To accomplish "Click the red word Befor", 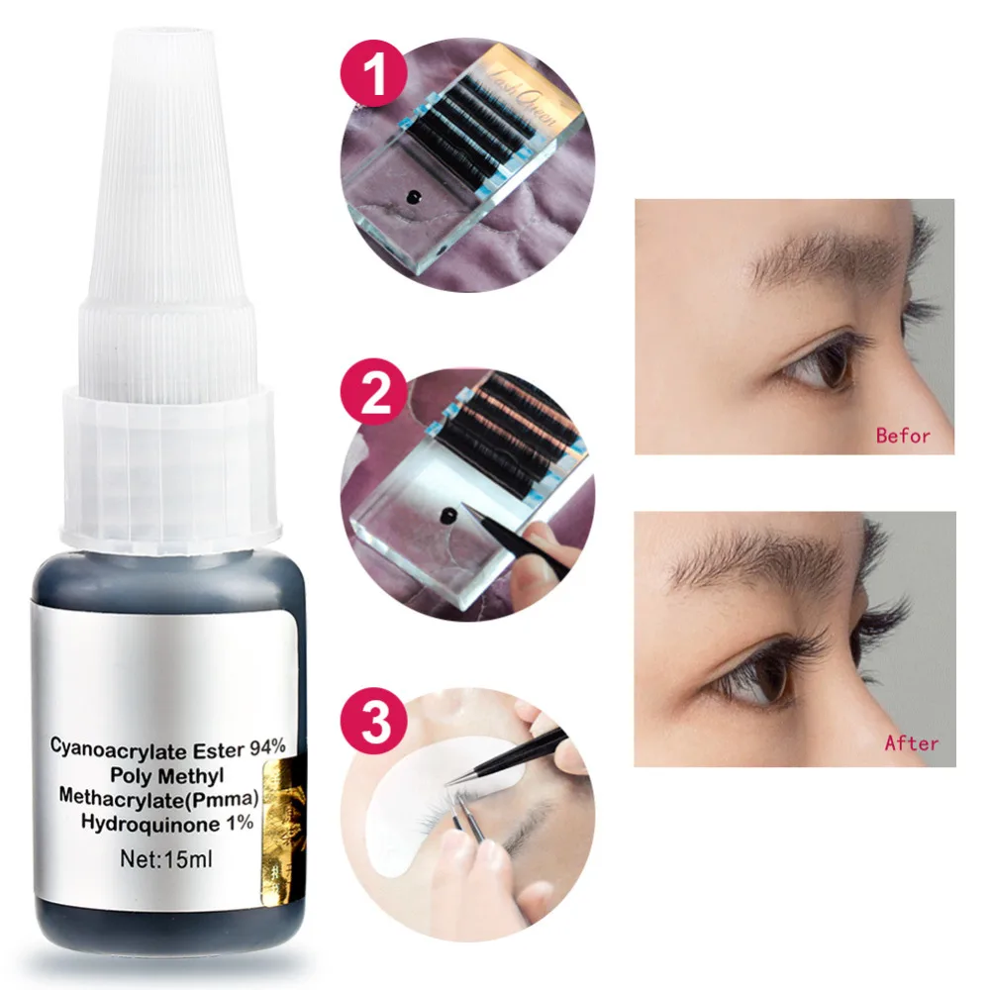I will pos(903,435).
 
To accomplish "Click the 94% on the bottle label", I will pos(266,749).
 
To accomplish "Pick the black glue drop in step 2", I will pos(452,516).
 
